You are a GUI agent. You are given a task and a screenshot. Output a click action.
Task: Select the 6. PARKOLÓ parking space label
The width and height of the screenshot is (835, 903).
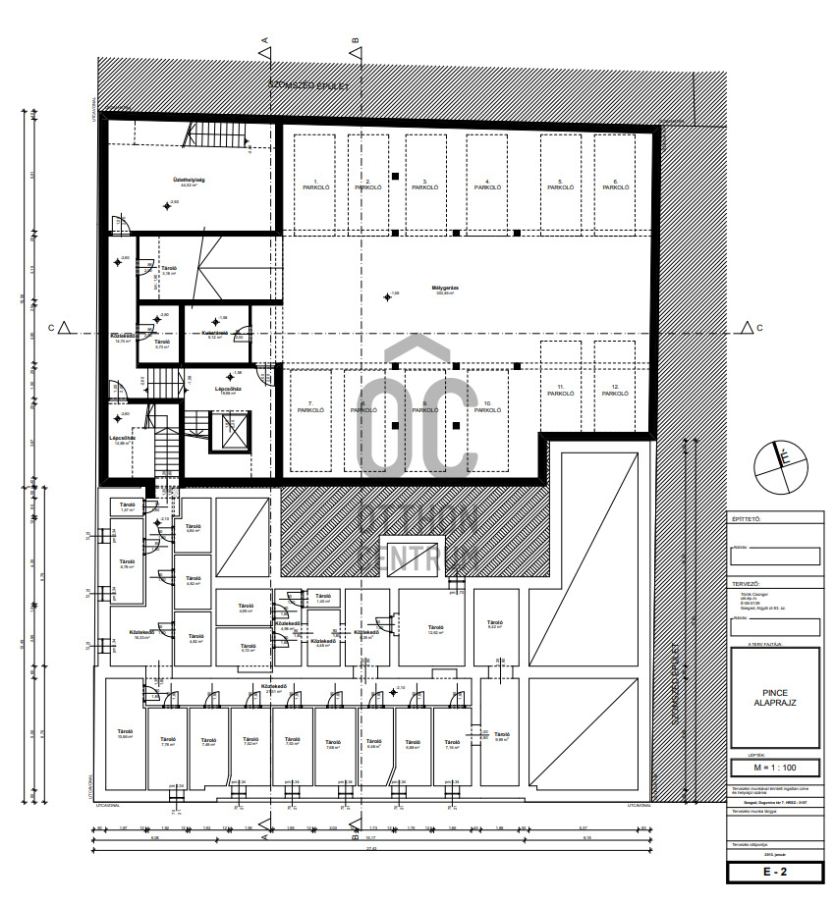pos(615,185)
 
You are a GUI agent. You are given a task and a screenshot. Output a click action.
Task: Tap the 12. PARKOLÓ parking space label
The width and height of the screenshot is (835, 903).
pos(615,391)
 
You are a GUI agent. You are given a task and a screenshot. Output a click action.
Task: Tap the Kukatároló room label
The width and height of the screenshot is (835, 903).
pos(215,335)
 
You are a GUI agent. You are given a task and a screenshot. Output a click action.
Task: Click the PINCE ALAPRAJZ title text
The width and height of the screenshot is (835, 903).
pos(774,699)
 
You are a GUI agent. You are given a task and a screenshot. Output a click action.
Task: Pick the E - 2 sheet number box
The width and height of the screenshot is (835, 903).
pos(774,870)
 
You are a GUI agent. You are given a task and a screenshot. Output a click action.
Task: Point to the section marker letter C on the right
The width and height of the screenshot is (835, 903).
pos(759,327)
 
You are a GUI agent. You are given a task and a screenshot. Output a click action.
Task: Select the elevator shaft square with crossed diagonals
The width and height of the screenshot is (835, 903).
pos(235,429)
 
